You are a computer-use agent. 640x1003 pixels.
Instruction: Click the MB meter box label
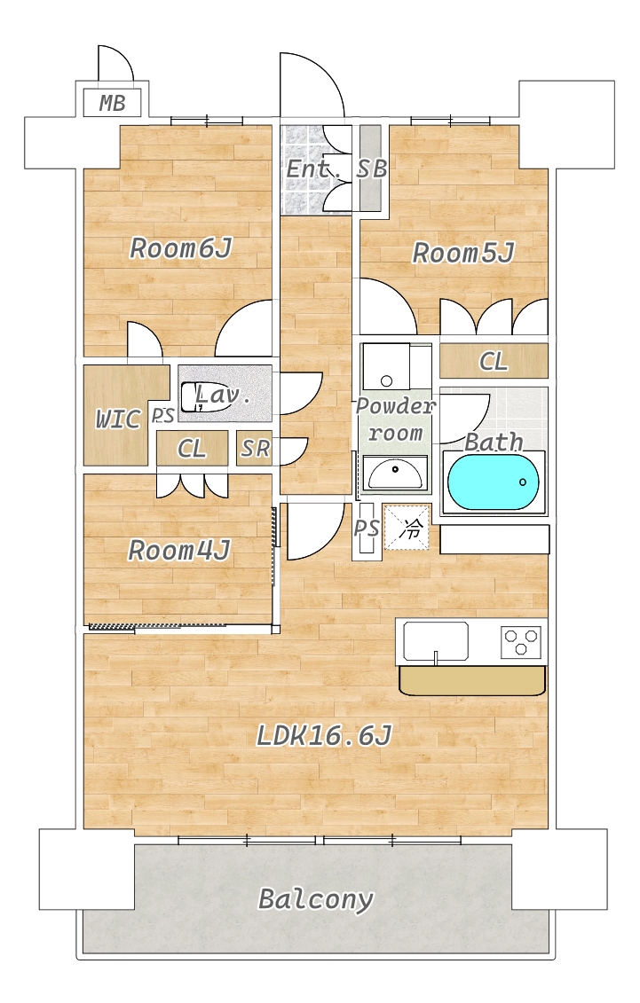coord(112,103)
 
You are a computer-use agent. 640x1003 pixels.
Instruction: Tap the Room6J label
coord(180,248)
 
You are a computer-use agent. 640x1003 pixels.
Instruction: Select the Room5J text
coord(463,254)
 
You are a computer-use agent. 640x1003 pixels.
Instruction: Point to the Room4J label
coord(179,551)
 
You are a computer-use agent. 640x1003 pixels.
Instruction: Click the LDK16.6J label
coord(324,735)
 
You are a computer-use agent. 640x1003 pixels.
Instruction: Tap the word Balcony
coord(315,899)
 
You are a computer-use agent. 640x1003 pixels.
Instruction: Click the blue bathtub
coord(494,482)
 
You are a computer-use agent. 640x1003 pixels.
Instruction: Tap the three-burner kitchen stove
coord(521,641)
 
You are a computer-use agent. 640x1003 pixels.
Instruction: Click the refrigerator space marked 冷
coord(406,527)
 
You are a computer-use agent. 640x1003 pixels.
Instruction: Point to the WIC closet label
coord(118,419)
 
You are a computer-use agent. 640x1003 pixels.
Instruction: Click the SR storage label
coord(256,449)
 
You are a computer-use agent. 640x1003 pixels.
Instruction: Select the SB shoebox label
coord(372,168)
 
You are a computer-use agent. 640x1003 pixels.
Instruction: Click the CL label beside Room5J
coord(494,362)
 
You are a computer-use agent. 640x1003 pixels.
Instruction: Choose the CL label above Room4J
coord(192,449)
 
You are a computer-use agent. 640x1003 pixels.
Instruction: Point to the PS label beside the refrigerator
coord(367,529)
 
